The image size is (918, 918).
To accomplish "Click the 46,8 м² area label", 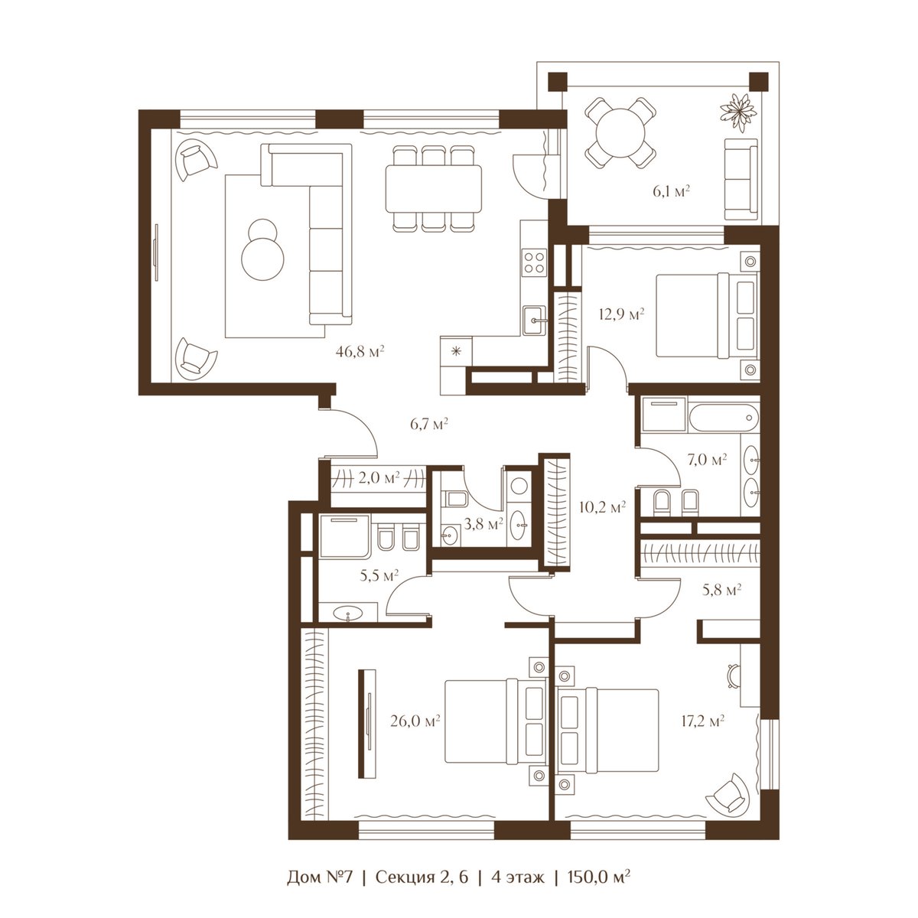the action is pos(360,352).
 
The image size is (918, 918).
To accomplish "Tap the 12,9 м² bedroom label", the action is pos(622,314).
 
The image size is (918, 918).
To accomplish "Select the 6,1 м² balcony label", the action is pos(671,191).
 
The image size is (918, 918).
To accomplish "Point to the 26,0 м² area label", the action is pos(415,721).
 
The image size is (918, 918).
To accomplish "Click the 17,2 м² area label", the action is pos(703,721).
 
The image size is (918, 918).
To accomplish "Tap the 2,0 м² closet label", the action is pos(379,478).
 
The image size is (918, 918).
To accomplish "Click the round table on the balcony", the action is pos(621,133).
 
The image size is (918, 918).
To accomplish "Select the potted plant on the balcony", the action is pos(738,112).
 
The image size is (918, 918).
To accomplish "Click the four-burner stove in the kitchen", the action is pos(534,262).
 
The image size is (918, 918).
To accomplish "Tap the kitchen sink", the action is pos(535,320).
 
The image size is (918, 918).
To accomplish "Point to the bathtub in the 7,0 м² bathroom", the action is pos(723,418).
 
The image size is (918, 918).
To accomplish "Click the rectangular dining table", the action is pos(434,189).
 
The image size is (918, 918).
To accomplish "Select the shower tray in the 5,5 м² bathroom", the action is pos(344,536).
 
